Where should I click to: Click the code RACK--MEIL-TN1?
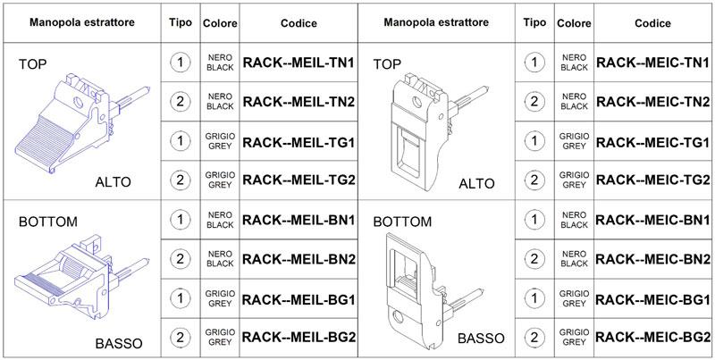point(299,63)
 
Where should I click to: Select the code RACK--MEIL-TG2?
point(299,180)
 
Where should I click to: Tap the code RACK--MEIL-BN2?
point(299,259)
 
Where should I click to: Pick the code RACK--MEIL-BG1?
point(299,300)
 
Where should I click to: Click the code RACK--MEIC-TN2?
point(653,102)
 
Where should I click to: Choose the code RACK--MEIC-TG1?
point(653,142)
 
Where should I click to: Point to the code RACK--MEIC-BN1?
point(653,220)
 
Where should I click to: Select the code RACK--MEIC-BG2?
point(653,337)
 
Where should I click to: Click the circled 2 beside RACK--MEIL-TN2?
point(181,101)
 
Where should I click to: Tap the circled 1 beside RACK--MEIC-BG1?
point(534,298)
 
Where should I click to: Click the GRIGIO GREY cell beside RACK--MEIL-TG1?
point(220,141)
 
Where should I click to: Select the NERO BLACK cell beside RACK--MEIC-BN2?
point(575,259)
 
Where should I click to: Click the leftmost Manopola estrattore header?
point(82,22)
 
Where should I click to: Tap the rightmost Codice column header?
point(653,23)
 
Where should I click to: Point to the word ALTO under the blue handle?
point(114,182)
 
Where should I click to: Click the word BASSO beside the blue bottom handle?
point(119,343)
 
